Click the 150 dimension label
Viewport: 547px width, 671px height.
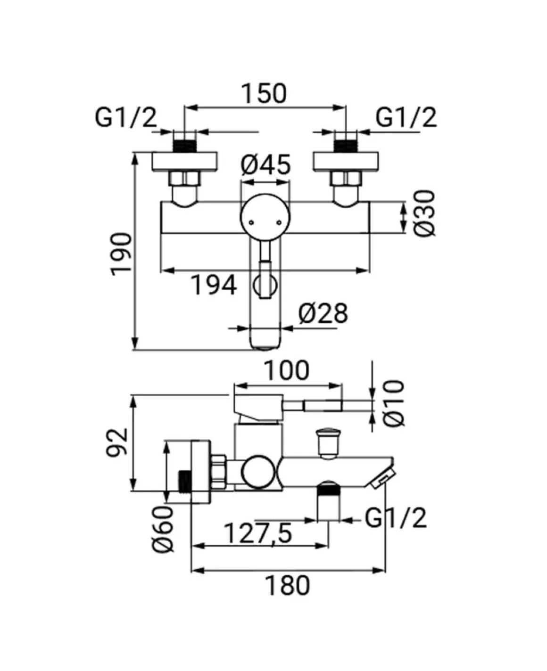pos(264,94)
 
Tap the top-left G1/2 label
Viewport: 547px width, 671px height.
pos(126,117)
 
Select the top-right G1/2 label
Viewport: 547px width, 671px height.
pos(406,117)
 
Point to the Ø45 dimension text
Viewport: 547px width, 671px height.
pos(265,164)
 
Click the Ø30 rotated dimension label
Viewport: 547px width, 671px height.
pos(424,213)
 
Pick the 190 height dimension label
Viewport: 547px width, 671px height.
pos(121,254)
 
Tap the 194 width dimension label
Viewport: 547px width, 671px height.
pos(214,285)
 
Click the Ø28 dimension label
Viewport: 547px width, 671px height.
pos(323,313)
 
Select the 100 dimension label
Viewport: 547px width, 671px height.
pos(287,370)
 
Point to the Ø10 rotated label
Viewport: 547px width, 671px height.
pos(394,403)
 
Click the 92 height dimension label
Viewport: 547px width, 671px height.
pos(117,442)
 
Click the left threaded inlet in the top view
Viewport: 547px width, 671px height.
pos(185,146)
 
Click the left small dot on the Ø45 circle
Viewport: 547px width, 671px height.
pos(251,223)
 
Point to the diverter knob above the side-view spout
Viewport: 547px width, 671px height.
pos(328,443)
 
